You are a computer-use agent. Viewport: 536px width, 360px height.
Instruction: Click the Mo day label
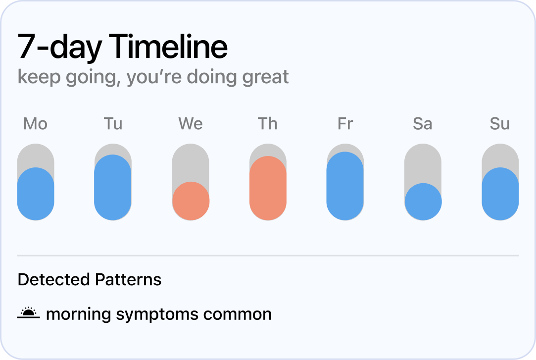click(35, 124)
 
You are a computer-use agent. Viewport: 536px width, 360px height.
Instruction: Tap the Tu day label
click(113, 124)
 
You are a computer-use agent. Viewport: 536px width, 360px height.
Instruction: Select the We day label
click(191, 124)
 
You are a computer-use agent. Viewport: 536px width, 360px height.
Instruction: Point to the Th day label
click(268, 124)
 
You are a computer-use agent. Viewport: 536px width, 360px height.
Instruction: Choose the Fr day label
click(345, 124)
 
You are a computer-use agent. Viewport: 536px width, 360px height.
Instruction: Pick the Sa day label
click(422, 124)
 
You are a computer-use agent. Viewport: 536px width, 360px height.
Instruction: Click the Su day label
click(500, 124)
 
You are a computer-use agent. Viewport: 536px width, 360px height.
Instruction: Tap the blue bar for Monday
click(36, 194)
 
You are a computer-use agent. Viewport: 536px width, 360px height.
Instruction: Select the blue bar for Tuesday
click(113, 187)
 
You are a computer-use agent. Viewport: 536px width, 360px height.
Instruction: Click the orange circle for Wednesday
click(191, 201)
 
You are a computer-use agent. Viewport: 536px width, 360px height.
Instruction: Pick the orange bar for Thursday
click(268, 188)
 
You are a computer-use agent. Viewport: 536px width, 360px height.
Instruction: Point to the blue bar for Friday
click(345, 186)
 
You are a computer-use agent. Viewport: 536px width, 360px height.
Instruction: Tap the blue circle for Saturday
click(423, 202)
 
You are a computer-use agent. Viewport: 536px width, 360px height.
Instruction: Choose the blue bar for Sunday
click(500, 194)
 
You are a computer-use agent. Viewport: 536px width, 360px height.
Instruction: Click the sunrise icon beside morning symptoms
click(28, 313)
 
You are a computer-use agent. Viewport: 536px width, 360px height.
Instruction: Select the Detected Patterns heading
click(90, 280)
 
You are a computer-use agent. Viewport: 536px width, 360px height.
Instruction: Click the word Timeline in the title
click(168, 47)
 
